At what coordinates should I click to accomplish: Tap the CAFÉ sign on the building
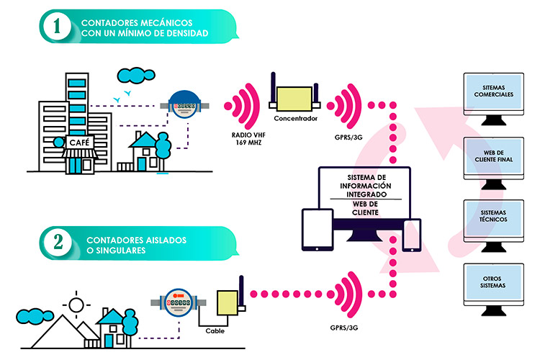point(78,143)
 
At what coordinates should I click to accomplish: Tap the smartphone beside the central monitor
point(411,235)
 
